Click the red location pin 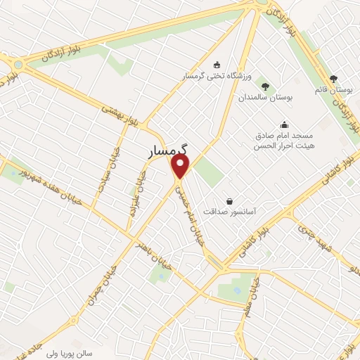181,166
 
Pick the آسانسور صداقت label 229,210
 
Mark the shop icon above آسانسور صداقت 229,200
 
